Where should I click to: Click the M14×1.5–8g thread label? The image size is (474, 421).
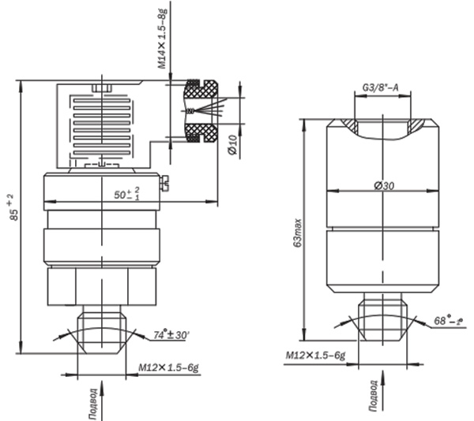(x=162, y=38)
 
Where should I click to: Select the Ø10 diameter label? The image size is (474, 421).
(x=233, y=145)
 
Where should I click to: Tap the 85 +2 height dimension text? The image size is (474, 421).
(x=12, y=207)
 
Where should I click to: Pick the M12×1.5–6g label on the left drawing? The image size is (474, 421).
(x=169, y=367)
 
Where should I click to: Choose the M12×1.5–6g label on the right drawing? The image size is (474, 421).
(x=315, y=356)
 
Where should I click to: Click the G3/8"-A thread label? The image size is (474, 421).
(x=380, y=88)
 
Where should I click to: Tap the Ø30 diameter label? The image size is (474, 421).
(x=384, y=185)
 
